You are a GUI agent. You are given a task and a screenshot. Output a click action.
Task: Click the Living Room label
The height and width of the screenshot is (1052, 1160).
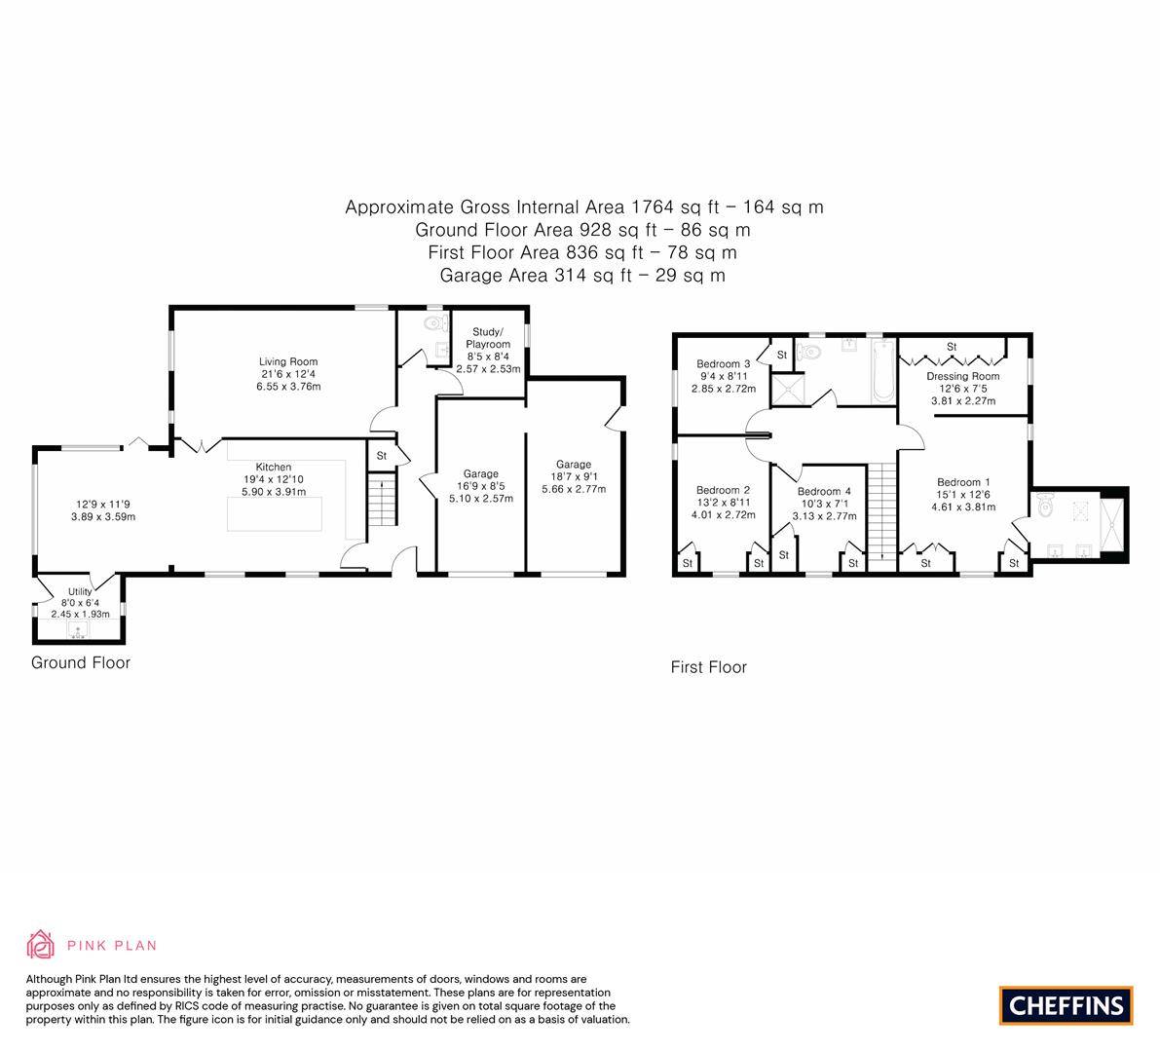pyautogui.click(x=287, y=361)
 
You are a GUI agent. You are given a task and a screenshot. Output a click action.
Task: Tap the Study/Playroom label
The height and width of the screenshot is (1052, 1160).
pyautogui.click(x=488, y=338)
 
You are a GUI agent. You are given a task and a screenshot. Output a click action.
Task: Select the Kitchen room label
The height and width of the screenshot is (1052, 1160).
pyautogui.click(x=274, y=467)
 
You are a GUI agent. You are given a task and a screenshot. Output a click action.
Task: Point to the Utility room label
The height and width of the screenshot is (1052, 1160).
pyautogui.click(x=80, y=592)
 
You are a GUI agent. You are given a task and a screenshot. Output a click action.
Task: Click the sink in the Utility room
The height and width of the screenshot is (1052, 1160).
pyautogui.click(x=78, y=630)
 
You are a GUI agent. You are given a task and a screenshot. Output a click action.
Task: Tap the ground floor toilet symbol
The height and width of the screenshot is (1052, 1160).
pyautogui.click(x=436, y=323)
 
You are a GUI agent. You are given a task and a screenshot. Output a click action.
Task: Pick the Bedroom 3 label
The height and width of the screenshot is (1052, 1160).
pyautogui.click(x=724, y=364)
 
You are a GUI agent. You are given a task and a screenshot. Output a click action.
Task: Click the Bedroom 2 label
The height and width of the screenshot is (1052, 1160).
pyautogui.click(x=724, y=490)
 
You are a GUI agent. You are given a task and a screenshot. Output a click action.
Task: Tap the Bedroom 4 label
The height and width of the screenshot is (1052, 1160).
pyautogui.click(x=824, y=491)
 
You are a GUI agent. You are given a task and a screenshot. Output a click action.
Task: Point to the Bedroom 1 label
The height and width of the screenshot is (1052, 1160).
pyautogui.click(x=963, y=482)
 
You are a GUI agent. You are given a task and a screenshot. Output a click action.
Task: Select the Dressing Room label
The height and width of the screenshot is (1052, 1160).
pyautogui.click(x=963, y=377)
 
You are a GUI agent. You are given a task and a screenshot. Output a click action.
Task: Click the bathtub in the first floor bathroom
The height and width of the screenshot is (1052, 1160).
pyautogui.click(x=883, y=371)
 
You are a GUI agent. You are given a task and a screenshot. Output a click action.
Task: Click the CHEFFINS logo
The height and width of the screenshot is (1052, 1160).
pyautogui.click(x=1066, y=1005)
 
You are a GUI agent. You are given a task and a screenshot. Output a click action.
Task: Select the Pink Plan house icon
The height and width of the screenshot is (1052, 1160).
pyautogui.click(x=41, y=945)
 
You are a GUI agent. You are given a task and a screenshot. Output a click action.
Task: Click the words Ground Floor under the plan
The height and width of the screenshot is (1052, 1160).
pyautogui.click(x=81, y=663)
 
